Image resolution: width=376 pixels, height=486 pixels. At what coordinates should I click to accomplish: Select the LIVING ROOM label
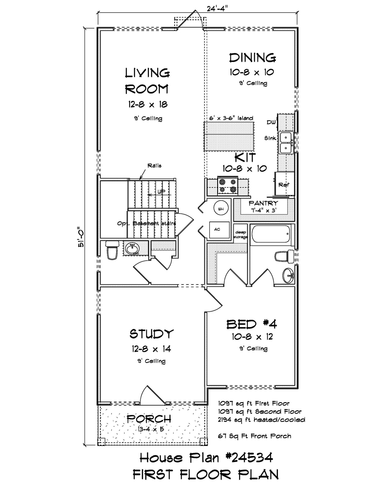[x=147, y=81]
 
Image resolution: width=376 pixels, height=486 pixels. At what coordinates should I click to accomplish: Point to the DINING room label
[x=252, y=58]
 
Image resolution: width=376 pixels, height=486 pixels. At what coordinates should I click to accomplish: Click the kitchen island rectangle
[x=229, y=136]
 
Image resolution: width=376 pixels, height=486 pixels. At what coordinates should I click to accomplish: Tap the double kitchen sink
[x=286, y=143]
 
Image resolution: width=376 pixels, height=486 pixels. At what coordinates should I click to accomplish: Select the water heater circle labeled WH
[x=221, y=209]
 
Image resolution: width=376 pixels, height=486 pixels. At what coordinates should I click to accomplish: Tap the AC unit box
[x=219, y=230]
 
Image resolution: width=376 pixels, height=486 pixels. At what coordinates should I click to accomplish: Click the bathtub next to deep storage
[x=271, y=234]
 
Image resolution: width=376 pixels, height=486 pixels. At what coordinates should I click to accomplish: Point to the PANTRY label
[x=263, y=203]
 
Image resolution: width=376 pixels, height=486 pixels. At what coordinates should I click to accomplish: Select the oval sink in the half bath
[x=132, y=249]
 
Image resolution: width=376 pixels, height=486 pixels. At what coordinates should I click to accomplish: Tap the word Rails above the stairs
[x=154, y=166]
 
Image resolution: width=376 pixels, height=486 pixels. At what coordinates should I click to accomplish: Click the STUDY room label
[x=152, y=334]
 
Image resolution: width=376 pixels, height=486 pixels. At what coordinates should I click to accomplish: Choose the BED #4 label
[x=252, y=324]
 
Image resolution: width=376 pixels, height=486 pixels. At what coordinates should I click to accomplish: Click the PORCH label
[x=149, y=419]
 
